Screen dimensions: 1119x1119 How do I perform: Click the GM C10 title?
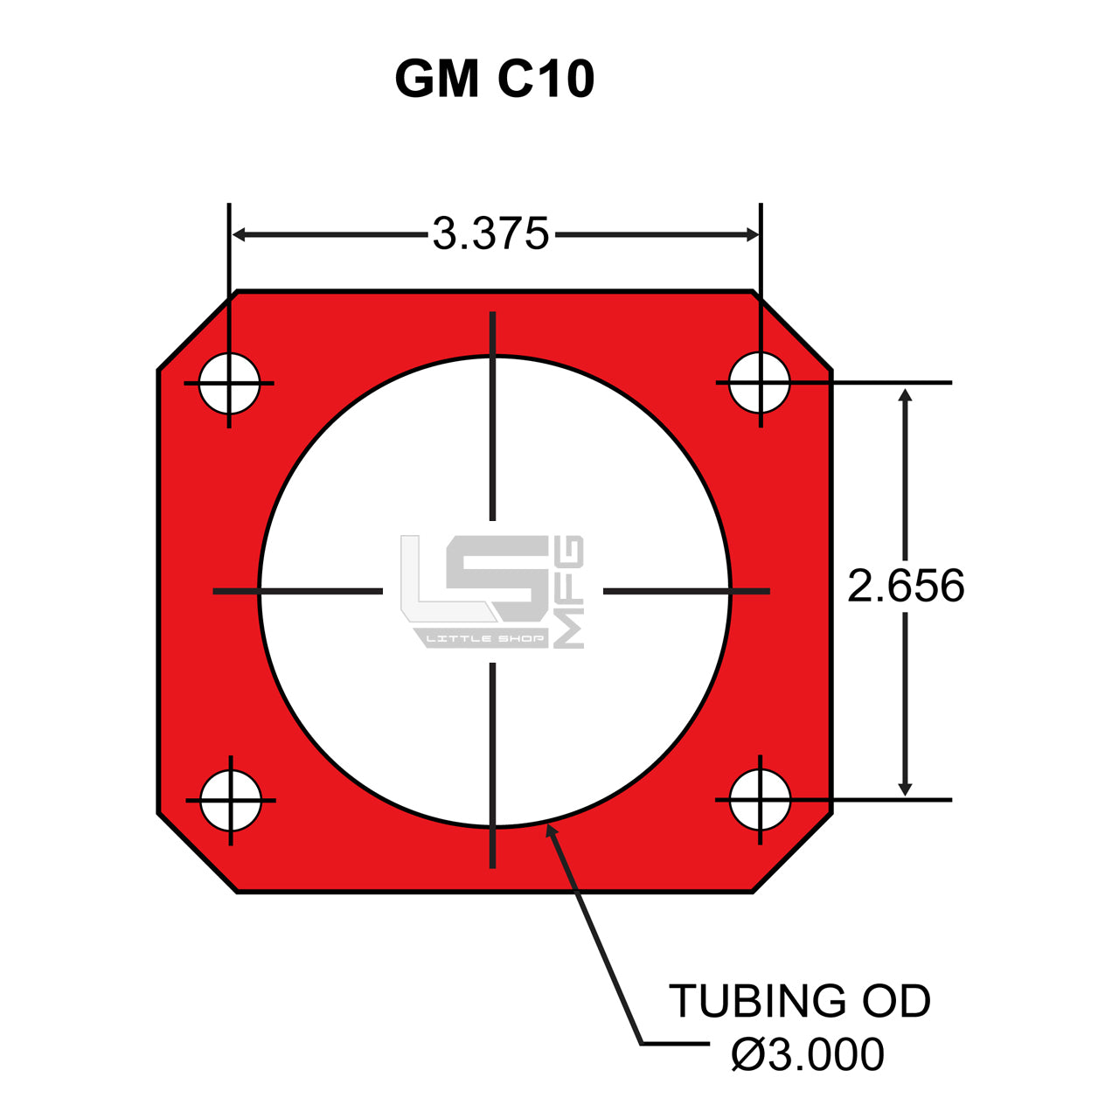pyautogui.click(x=495, y=79)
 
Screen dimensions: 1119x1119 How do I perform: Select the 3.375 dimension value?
pyautogui.click(x=490, y=234)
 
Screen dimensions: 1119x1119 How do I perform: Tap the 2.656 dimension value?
pyautogui.click(x=906, y=586)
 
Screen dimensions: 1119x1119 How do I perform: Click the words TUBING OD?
pyautogui.click(x=799, y=1001)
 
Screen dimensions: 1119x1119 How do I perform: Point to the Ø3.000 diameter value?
pyautogui.click(x=807, y=1054)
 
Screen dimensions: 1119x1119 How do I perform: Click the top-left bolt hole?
pyautogui.click(x=229, y=383)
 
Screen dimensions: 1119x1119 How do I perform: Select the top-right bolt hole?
pyautogui.click(x=760, y=382)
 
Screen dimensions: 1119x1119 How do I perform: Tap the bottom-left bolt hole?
pyautogui.click(x=231, y=800)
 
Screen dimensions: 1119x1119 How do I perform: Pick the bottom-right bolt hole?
pyautogui.click(x=760, y=799)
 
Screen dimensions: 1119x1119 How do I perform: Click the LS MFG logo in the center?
pyautogui.click(x=491, y=591)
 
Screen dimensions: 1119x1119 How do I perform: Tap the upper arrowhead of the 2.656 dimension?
pyautogui.click(x=905, y=396)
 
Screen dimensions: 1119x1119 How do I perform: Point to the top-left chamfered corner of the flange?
pyautogui.click(x=197, y=330)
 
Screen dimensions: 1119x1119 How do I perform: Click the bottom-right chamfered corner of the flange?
pyautogui.click(x=792, y=852)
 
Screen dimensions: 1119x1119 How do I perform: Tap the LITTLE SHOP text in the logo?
pyautogui.click(x=484, y=639)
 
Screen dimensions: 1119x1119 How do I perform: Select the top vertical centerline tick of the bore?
pyautogui.click(x=493, y=415)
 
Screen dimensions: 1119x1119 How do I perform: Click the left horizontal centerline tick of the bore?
pyautogui.click(x=297, y=592)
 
